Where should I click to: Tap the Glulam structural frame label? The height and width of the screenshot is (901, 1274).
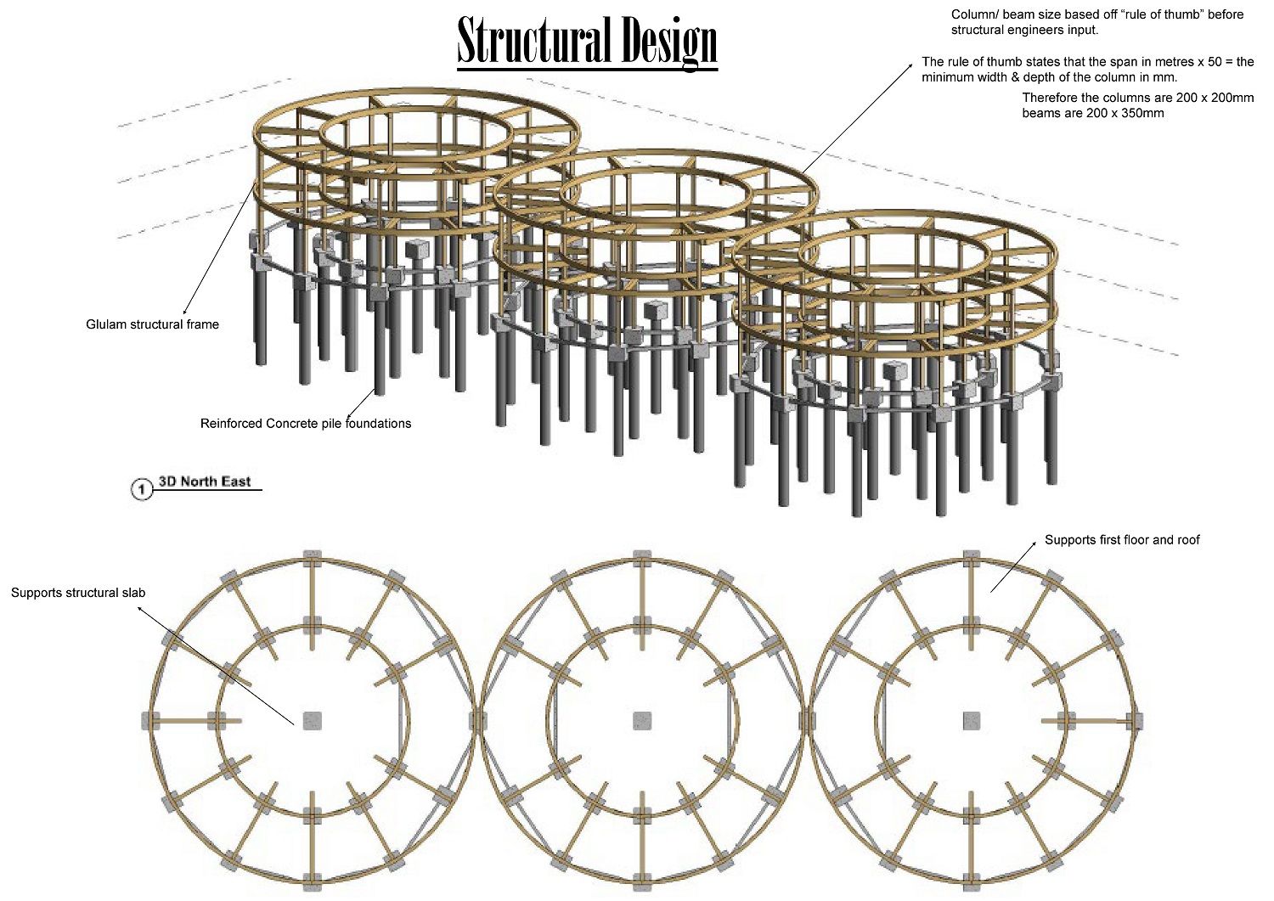coord(152,324)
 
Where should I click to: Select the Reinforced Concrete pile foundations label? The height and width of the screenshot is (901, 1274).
coord(306,423)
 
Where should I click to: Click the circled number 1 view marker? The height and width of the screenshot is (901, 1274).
coord(141,489)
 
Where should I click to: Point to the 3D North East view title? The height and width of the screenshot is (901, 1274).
coord(205,481)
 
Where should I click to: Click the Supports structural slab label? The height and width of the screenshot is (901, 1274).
coord(78,593)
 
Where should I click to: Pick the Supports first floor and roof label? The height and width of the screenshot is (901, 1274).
coord(1122,540)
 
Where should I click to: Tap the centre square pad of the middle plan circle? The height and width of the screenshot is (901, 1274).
coord(643,720)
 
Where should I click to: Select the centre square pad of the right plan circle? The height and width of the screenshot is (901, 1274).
coord(972,720)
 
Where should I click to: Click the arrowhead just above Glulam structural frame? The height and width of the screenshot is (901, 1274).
coord(185,312)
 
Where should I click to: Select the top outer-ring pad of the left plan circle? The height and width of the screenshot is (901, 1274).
coord(313,558)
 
